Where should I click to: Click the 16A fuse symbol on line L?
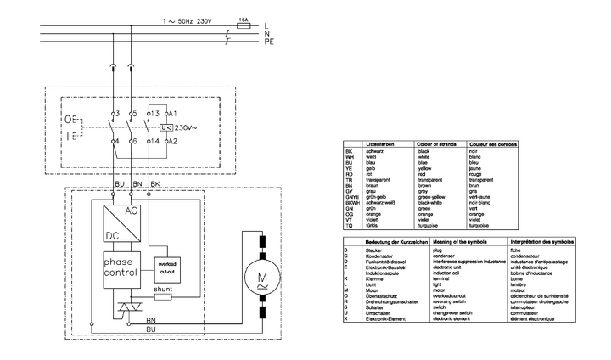pos(245,26)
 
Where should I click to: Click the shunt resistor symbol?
pos(163,297)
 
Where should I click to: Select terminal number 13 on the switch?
pos(155,113)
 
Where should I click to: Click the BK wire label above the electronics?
pos(153,183)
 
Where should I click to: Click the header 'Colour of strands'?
pos(436,145)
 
